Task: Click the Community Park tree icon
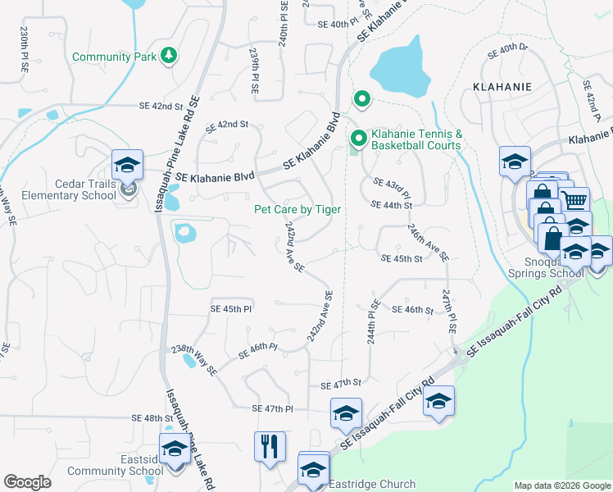pos(169,56)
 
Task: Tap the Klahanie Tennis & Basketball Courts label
pos(416,139)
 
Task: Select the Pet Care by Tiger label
pos(297,210)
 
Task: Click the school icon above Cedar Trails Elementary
pos(128,165)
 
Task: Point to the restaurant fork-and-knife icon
pos(270,447)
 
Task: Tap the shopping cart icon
pos(575,200)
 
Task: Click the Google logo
pos(27,482)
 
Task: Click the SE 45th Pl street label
pos(231,309)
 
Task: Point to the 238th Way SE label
pos(193,359)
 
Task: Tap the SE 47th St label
pos(341,383)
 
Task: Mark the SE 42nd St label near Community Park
pos(161,107)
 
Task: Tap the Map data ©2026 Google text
pos(562,485)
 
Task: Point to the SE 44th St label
pos(391,205)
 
